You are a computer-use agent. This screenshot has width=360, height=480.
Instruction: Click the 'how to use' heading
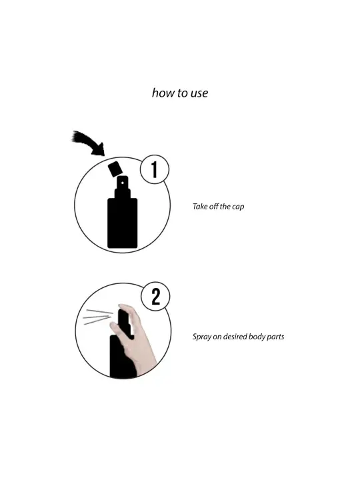[180, 93]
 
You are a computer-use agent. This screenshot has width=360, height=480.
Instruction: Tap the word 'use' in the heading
[199, 94]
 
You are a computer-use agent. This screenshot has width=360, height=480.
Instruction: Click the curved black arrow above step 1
[89, 144]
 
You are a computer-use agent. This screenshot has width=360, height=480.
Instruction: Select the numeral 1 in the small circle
[155, 169]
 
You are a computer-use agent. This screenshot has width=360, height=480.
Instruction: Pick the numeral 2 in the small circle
[156, 296]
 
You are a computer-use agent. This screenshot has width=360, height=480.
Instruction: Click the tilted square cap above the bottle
[115, 169]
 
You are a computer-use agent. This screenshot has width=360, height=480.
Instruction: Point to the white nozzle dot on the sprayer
[123, 183]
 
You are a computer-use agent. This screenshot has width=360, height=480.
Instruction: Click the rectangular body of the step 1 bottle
[123, 223]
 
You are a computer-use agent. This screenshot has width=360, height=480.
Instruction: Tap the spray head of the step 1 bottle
[123, 187]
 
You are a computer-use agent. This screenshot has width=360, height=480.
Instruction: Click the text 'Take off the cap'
[218, 207]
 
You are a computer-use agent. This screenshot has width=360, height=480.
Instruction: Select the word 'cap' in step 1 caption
[238, 207]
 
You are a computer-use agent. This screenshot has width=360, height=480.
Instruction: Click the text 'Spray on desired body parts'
[238, 337]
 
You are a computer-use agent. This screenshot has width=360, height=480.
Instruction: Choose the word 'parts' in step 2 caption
[275, 337]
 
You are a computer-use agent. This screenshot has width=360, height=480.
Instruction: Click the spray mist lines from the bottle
[97, 317]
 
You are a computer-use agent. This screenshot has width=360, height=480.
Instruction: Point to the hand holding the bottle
[135, 340]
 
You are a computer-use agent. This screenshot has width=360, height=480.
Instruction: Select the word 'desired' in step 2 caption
[235, 337]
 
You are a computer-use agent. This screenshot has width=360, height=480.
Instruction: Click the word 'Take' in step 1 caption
[200, 207]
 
